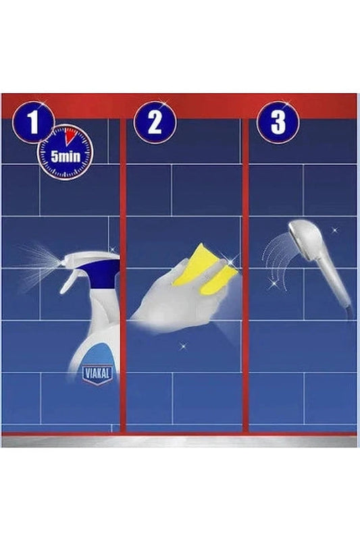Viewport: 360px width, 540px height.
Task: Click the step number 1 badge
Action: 33,122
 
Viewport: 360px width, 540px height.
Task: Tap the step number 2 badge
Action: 155,122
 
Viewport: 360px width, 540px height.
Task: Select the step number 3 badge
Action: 278,122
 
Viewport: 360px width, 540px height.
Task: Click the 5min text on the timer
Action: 66,157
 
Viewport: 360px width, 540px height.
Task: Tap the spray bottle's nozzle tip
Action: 61,263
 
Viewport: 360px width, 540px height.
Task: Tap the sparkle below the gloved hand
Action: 182,346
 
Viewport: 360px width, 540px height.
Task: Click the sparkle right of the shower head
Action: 334,230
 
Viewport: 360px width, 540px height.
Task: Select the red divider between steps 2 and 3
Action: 245,275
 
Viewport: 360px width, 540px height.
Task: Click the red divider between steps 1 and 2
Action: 123,275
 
